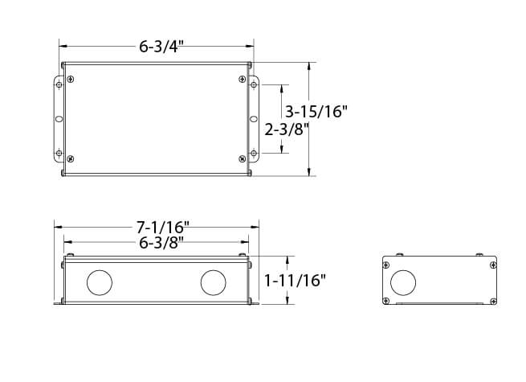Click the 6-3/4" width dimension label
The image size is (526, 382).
coord(157,47)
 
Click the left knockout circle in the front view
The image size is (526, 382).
coord(100,282)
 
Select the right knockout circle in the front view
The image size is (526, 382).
coord(213,282)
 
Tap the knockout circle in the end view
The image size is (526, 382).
coord(403,281)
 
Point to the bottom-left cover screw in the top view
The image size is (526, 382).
coord(71,158)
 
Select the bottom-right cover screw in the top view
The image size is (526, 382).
coord(243,158)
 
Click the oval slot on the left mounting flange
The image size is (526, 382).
coord(59,118)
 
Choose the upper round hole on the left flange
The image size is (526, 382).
coord(59,84)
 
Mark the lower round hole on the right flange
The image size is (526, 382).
coord(254,153)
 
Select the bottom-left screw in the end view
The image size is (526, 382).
coord(387,302)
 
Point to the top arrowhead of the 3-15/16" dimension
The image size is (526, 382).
coord(309,65)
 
